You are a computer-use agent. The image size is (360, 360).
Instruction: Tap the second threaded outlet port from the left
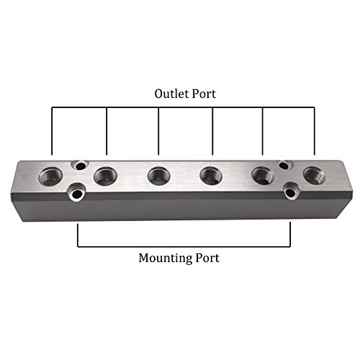[106, 174]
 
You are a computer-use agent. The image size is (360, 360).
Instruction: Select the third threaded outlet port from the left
[158, 175]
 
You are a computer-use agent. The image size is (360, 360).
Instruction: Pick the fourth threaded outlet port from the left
[210, 175]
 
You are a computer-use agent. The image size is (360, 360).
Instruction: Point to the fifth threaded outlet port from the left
[262, 175]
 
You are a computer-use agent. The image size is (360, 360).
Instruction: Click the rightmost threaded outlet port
[312, 174]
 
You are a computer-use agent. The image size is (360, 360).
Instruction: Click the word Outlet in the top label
[170, 94]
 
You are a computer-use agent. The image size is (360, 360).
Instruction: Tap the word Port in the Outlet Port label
[202, 94]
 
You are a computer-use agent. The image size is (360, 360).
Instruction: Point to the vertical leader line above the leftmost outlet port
[52, 130]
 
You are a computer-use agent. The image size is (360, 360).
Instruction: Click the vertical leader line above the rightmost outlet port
[315, 130]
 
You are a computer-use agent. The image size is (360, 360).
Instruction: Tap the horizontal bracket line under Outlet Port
[184, 108]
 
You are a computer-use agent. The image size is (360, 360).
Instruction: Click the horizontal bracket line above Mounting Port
[184, 246]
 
